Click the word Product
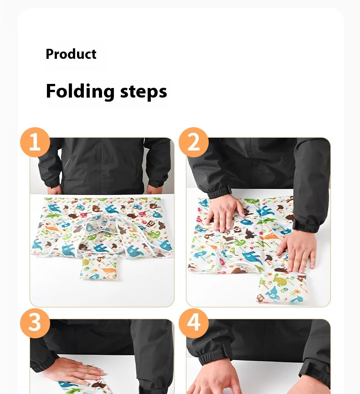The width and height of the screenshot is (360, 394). (71, 54)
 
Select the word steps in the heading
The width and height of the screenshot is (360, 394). (144, 92)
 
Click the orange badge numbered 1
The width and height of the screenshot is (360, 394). (35, 142)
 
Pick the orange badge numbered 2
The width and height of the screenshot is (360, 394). (194, 142)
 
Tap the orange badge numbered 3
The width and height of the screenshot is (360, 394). (35, 323)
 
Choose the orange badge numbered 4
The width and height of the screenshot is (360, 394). (194, 323)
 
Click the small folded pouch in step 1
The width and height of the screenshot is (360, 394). (99, 267)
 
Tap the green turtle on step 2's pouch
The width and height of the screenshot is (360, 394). (280, 280)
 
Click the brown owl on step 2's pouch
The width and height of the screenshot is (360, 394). (261, 298)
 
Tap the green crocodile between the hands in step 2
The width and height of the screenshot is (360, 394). (239, 242)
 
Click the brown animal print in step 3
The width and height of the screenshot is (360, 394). (98, 385)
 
